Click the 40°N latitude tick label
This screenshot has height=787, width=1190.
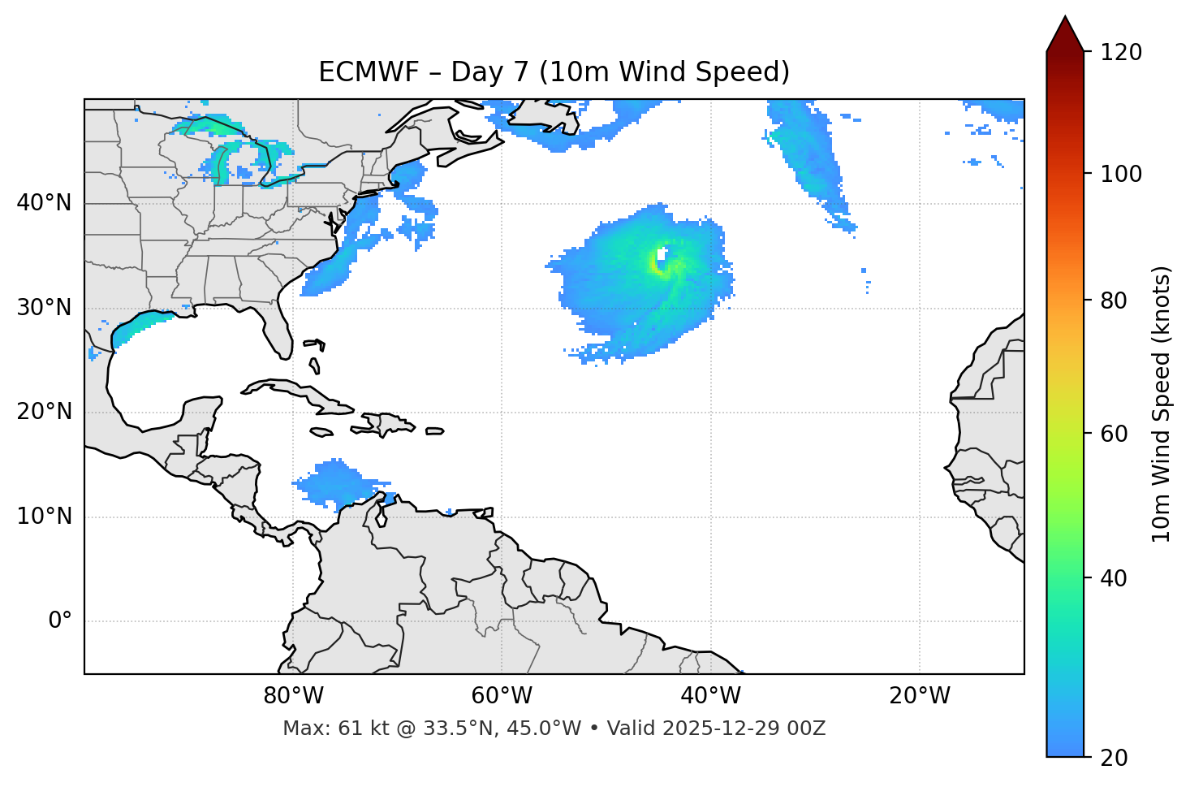[x=44, y=203]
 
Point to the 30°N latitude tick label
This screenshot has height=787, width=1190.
[x=44, y=308]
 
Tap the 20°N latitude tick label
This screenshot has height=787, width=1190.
[x=44, y=412]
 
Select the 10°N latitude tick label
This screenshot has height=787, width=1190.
[x=44, y=517]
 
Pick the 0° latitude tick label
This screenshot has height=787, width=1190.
[x=60, y=621]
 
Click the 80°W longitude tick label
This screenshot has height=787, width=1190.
[x=293, y=696]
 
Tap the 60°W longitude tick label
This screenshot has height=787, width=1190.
[x=502, y=696]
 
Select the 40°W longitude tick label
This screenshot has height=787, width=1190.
[x=711, y=696]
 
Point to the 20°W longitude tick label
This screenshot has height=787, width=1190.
[x=920, y=696]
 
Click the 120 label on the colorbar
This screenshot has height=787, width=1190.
[x=1121, y=53]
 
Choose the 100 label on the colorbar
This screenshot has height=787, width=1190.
[x=1121, y=174]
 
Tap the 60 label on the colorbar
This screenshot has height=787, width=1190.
[x=1114, y=434]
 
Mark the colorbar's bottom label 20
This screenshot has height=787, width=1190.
[x=1114, y=758]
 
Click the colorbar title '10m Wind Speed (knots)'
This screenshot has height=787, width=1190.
[x=1162, y=404]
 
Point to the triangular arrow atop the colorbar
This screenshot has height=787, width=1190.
[x=1065, y=35]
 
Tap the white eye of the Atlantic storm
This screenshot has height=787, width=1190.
[x=662, y=259]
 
